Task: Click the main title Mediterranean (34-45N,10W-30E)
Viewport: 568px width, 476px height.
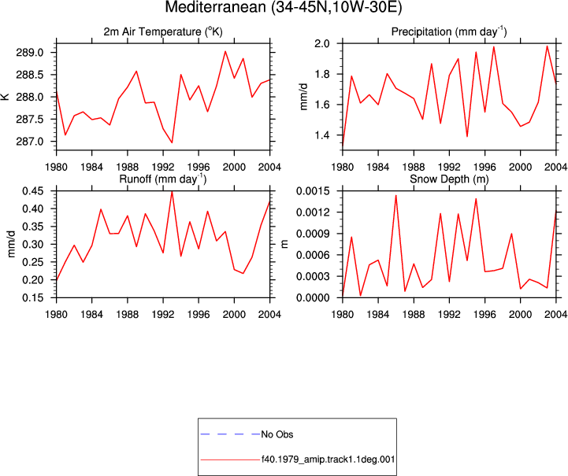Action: pos(284,7)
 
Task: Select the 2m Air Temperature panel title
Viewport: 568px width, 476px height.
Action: pos(163,31)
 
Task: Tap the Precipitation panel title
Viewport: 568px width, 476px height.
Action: pos(449,31)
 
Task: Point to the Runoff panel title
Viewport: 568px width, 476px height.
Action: pos(163,179)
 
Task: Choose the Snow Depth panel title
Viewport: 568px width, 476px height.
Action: pos(449,179)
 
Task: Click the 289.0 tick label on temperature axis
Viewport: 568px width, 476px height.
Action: pos(30,53)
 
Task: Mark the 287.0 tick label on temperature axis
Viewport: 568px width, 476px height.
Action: pos(30,142)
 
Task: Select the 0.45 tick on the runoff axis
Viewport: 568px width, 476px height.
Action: pos(33,190)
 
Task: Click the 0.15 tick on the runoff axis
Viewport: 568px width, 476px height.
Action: pos(33,297)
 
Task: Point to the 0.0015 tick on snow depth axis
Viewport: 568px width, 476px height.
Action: pos(313,190)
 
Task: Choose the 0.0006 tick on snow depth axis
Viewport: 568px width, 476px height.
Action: pos(313,255)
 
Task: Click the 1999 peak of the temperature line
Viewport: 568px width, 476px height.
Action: pos(225,51)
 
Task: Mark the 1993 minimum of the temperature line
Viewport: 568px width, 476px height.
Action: pos(172,142)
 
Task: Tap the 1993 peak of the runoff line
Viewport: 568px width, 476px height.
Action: pos(172,192)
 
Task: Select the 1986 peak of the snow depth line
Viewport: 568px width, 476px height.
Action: pos(396,196)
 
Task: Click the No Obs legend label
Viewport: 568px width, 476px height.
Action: pos(277,434)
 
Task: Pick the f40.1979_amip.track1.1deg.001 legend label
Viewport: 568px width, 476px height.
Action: pos(328,459)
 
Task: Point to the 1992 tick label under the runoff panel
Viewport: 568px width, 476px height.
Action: pos(163,315)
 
